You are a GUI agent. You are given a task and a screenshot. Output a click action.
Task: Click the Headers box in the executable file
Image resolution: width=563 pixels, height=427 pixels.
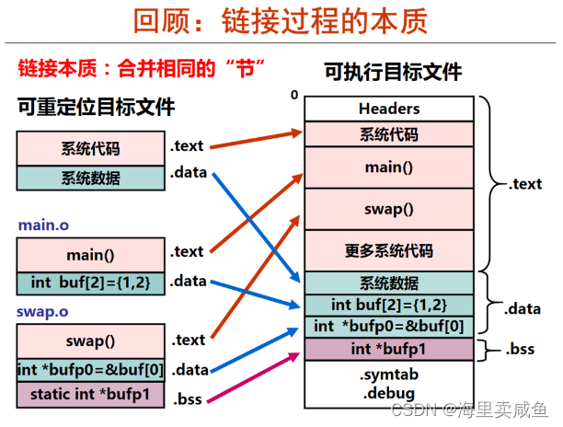[x=388, y=109]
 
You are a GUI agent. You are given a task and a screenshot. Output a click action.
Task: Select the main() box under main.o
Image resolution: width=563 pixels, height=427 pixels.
[x=90, y=255]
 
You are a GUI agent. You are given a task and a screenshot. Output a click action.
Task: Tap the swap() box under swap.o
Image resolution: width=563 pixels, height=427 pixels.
[x=90, y=340]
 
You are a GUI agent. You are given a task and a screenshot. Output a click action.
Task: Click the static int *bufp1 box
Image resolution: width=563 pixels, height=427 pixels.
[x=90, y=396]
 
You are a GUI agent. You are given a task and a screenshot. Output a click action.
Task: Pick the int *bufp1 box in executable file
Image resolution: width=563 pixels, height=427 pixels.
[x=388, y=349]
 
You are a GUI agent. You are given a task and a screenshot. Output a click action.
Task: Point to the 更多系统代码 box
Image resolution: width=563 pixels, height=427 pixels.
[x=388, y=250]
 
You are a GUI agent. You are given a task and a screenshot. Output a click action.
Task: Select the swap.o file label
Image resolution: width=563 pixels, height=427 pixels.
[x=41, y=311]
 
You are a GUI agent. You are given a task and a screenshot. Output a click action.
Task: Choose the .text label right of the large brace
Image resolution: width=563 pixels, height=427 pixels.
[x=525, y=184]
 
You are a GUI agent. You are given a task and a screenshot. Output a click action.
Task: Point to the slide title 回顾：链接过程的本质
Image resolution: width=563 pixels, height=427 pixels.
[x=281, y=23]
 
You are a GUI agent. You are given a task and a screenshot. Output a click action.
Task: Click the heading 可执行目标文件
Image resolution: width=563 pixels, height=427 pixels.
[x=392, y=72]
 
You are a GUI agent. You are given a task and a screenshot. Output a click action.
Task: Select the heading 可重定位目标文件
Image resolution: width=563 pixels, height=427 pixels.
[x=96, y=107]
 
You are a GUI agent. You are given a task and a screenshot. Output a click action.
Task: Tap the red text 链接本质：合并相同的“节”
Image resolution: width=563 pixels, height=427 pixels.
[x=143, y=68]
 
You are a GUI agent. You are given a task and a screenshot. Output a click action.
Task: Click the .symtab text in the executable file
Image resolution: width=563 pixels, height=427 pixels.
[x=388, y=375]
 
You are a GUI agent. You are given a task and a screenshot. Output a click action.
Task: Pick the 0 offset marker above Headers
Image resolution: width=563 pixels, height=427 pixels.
[x=294, y=95]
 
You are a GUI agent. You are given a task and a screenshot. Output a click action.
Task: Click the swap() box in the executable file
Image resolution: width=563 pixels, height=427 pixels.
[x=388, y=209]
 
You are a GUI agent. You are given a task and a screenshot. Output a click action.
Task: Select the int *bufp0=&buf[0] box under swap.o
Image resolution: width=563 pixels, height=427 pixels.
[x=90, y=370]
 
